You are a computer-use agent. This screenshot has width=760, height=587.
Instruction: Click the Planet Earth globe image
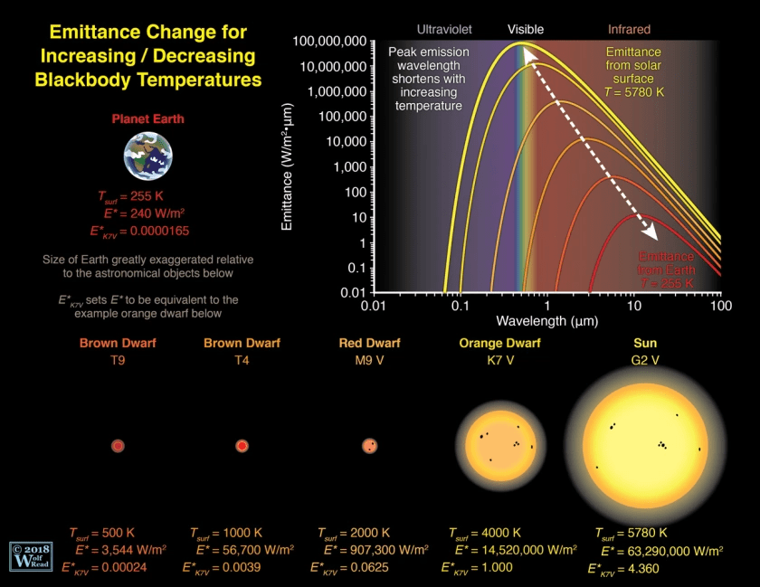(147, 156)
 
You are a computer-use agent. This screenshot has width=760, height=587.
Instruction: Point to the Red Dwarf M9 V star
(369, 446)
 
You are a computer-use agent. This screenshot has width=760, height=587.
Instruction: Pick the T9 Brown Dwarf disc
(118, 446)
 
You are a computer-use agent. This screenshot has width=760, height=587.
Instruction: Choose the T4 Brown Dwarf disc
(242, 446)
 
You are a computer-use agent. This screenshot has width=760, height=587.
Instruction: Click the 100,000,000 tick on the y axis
(329, 42)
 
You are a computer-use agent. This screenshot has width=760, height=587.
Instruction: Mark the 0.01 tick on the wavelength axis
(374, 307)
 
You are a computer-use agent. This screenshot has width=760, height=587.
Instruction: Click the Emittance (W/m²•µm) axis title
(288, 167)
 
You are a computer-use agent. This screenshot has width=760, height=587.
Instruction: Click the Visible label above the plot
(526, 29)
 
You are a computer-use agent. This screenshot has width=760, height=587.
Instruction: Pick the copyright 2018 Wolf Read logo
(28, 556)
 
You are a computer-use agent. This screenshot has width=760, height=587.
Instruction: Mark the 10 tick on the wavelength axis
(634, 307)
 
